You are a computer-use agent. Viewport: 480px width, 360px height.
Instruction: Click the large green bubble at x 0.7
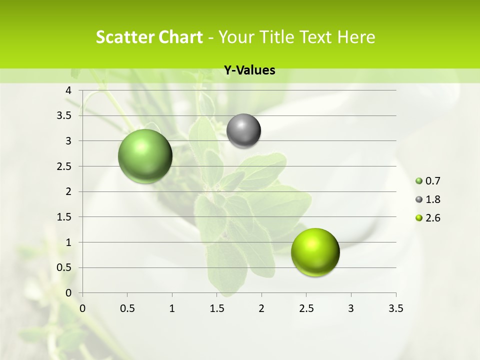tap(145, 156)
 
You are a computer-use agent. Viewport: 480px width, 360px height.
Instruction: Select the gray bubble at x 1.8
tap(243, 131)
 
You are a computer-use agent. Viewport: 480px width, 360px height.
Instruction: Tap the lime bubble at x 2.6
tap(315, 252)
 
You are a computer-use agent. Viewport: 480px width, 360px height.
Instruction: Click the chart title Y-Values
tap(249, 70)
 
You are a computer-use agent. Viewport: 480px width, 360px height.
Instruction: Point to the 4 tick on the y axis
tap(69, 90)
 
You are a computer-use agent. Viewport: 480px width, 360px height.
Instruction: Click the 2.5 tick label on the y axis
tap(63, 166)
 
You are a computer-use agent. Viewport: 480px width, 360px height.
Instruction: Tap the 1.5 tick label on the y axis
tap(63, 217)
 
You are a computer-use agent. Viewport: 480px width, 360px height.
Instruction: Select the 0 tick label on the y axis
tap(69, 292)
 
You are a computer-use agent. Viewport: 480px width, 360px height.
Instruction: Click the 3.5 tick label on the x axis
tap(395, 308)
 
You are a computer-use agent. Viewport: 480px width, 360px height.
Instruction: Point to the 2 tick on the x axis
tap(261, 308)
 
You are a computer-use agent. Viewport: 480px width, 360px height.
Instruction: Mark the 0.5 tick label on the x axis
tap(127, 308)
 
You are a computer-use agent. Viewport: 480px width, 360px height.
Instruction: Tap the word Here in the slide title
tap(355, 37)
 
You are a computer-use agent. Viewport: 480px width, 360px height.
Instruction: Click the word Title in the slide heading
tap(277, 37)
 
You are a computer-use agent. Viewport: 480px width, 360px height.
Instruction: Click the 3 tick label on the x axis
tap(351, 308)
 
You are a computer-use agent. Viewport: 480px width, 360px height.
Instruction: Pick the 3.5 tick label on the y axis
tap(63, 115)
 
